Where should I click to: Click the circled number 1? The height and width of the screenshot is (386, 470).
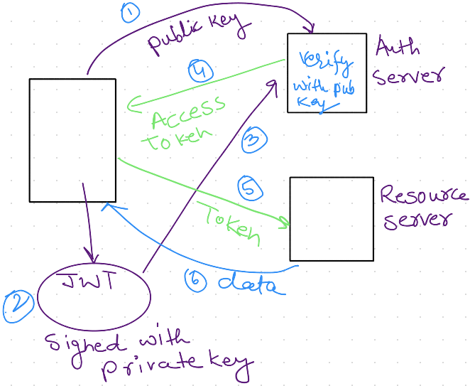click(130, 13)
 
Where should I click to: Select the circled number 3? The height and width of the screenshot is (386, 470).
click(253, 140)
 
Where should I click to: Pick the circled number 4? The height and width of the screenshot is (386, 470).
click(201, 71)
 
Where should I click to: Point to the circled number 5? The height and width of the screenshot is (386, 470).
click(250, 188)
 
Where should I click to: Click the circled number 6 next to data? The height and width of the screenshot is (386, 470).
click(195, 281)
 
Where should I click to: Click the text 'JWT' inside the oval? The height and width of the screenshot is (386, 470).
click(89, 282)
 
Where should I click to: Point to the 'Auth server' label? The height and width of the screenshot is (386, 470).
click(407, 62)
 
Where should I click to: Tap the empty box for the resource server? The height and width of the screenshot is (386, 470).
click(332, 219)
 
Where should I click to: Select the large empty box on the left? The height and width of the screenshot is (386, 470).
click(72, 140)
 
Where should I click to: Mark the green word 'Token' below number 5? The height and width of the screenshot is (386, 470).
click(229, 222)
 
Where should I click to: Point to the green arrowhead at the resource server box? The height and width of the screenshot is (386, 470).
click(285, 224)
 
